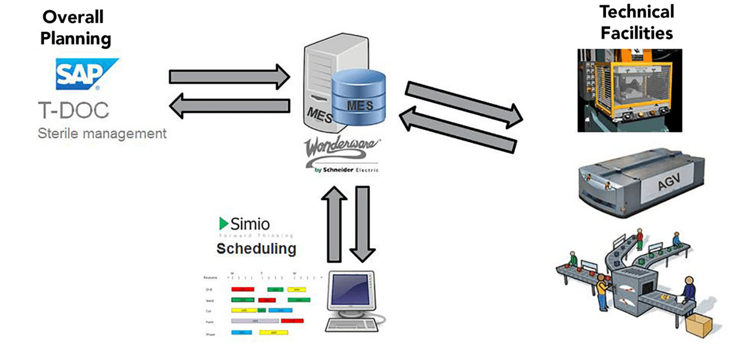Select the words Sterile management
point(102,133)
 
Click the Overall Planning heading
point(76,29)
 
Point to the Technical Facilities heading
point(636,22)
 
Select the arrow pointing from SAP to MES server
point(229,76)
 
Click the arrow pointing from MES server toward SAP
point(229,106)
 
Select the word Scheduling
point(256,248)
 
